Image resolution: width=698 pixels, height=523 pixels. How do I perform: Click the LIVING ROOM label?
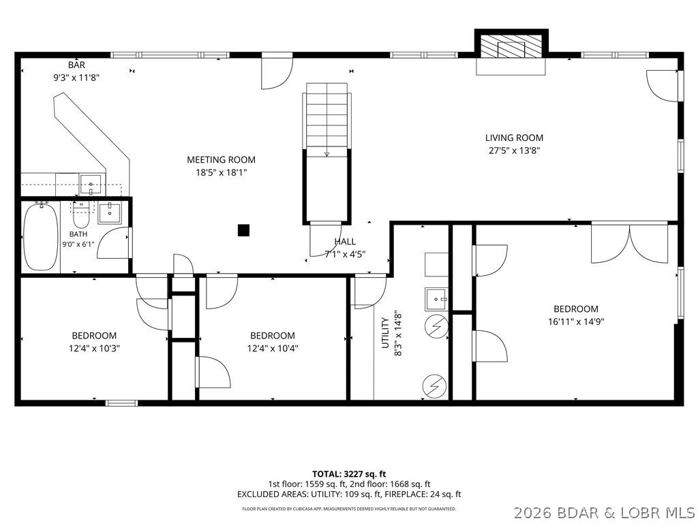(514, 138)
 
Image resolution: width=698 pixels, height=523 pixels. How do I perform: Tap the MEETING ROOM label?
(222, 159)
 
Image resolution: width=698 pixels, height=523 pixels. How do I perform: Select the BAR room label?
(76, 65)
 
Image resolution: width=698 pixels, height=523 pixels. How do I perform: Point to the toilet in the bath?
(82, 215)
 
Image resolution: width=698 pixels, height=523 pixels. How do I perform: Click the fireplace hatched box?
(511, 46)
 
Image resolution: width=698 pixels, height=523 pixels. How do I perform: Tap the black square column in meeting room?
(243, 230)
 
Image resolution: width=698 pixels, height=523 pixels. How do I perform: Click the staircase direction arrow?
(327, 153)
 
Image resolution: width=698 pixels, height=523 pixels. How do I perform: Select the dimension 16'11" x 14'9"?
(576, 321)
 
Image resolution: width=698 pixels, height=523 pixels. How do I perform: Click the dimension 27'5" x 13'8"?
(514, 150)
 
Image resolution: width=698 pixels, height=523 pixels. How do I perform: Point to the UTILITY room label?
(386, 332)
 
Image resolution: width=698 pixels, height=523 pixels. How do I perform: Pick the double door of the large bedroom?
(629, 242)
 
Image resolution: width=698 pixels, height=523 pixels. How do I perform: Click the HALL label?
(345, 242)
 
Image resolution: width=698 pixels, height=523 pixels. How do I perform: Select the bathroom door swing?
(114, 243)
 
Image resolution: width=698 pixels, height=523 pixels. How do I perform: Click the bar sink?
(91, 184)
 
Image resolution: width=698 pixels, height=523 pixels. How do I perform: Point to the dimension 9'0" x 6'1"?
(78, 244)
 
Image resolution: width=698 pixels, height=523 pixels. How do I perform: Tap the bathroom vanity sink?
(110, 212)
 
